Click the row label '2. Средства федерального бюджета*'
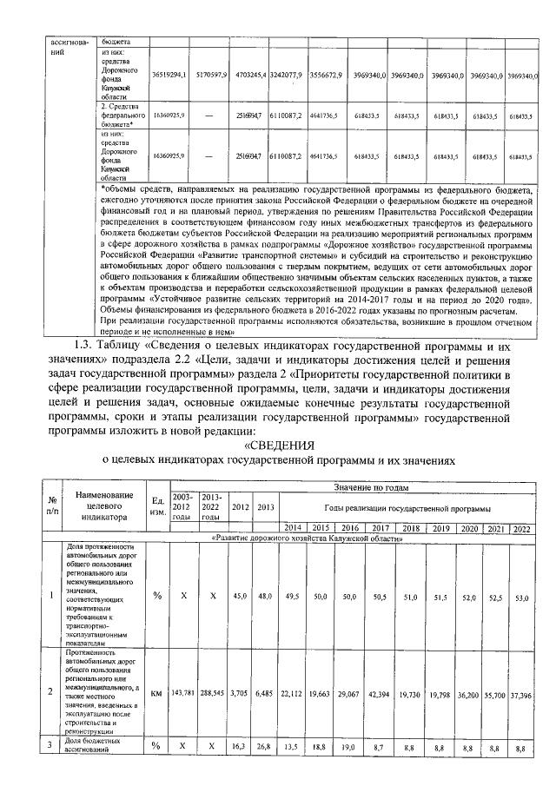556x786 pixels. click(122, 115)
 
